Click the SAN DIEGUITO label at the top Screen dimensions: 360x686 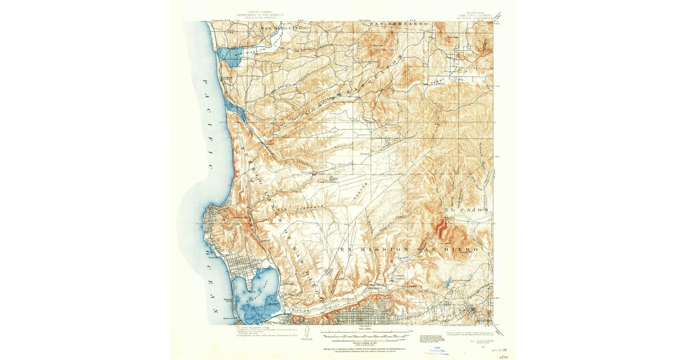point(279,27)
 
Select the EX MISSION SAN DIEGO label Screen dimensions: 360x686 point(408,250)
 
